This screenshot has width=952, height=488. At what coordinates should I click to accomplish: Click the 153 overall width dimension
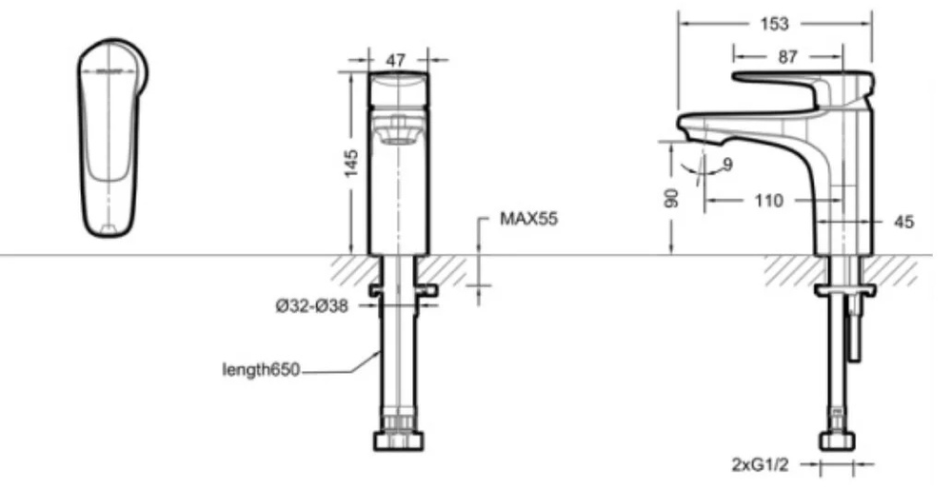click(x=775, y=24)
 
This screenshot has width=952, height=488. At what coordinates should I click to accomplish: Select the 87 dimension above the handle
click(x=787, y=56)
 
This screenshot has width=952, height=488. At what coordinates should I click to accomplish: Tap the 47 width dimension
click(x=396, y=60)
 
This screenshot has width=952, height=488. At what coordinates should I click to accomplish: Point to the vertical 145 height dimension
click(x=351, y=163)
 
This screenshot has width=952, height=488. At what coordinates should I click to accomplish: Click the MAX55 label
click(x=528, y=219)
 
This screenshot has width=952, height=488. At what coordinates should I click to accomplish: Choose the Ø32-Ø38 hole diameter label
click(x=312, y=306)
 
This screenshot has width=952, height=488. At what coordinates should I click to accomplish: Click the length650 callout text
click(x=261, y=370)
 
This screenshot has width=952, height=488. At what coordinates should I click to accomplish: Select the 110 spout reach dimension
click(x=768, y=201)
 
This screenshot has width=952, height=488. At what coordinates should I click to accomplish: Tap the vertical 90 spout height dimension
click(x=671, y=198)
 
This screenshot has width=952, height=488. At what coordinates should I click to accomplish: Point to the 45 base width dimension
click(x=903, y=223)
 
